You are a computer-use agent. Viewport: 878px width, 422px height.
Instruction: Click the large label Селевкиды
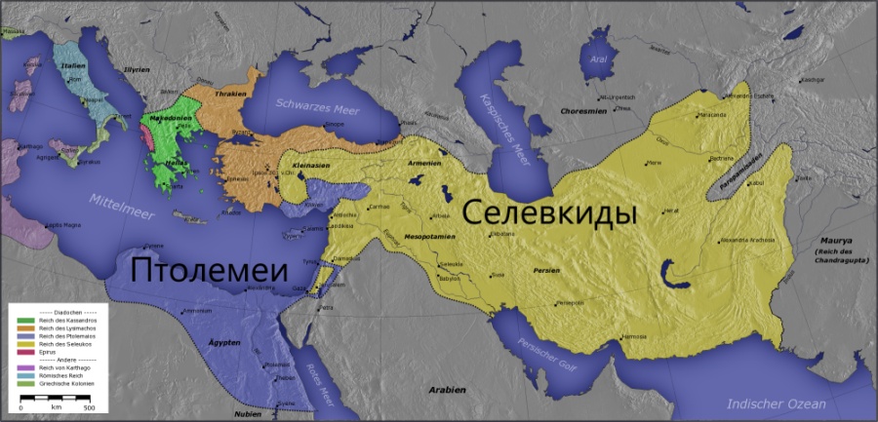pos(549,212)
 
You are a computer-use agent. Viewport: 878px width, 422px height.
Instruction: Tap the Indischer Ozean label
pos(777,403)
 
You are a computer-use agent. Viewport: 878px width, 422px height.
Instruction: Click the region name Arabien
pos(447,389)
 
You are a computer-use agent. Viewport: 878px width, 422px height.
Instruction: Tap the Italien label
pos(73,65)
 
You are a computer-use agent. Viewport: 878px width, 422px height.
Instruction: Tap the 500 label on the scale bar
pos(89,406)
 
